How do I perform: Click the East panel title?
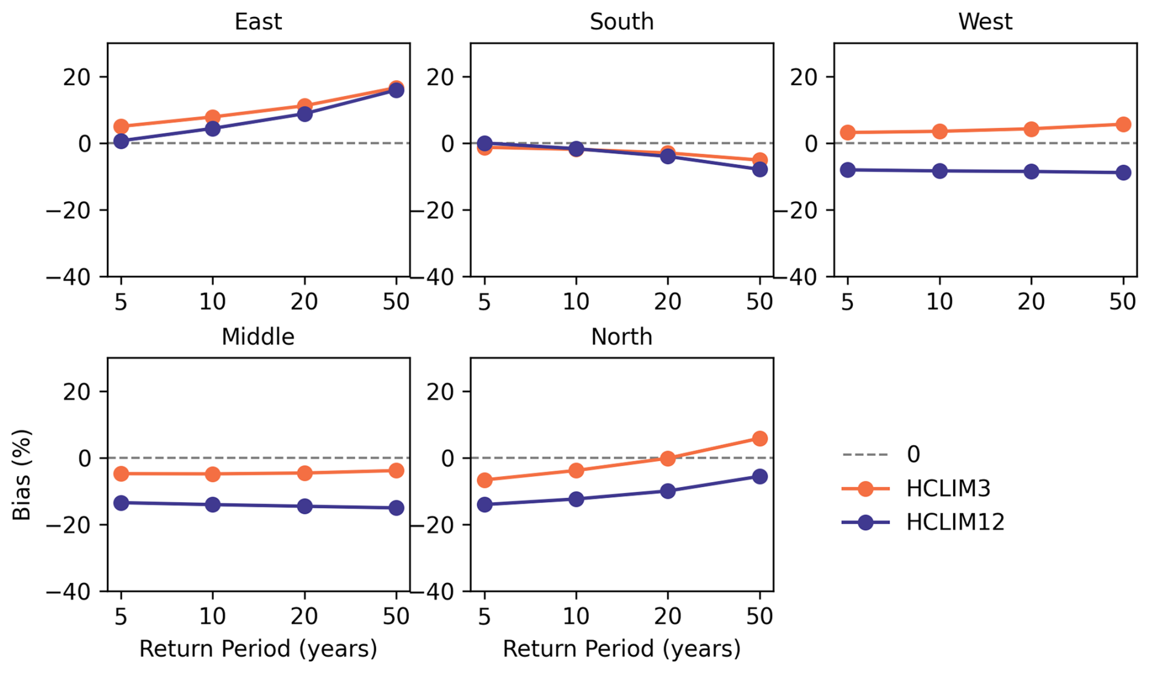[258, 22]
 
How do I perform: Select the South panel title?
[621, 22]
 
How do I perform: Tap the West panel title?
[985, 22]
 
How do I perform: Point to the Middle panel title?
[258, 337]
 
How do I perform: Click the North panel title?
[621, 337]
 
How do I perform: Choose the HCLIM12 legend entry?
[955, 522]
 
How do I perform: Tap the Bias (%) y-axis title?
[22, 474]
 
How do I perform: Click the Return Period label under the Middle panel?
[258, 649]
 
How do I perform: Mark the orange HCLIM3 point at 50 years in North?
[759, 438]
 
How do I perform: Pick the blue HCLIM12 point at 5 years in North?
[484, 504]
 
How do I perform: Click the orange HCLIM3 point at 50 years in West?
[1123, 125]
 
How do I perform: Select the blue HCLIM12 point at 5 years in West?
[847, 170]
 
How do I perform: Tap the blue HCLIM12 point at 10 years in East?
[213, 128]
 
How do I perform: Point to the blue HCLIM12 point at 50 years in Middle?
[396, 508]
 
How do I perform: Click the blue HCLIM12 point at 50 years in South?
[759, 170]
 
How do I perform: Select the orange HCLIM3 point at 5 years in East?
[121, 126]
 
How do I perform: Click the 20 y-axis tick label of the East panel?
[77, 77]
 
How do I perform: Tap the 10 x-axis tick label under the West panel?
[939, 302]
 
